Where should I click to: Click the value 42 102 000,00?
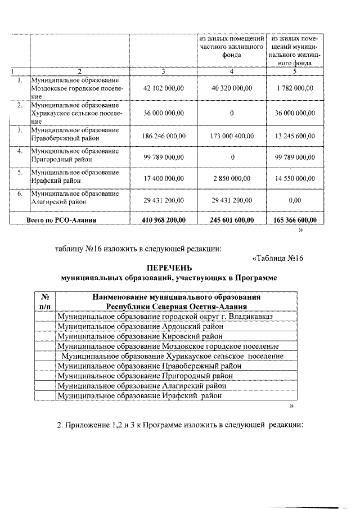(x=164, y=88)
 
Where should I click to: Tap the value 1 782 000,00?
(x=296, y=88)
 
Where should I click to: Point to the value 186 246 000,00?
(x=164, y=136)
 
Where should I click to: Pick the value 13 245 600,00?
(x=296, y=136)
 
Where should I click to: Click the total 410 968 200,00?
(x=164, y=220)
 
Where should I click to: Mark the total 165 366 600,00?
(x=296, y=220)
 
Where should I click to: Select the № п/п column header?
(x=45, y=301)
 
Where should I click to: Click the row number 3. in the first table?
(x=20, y=130)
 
